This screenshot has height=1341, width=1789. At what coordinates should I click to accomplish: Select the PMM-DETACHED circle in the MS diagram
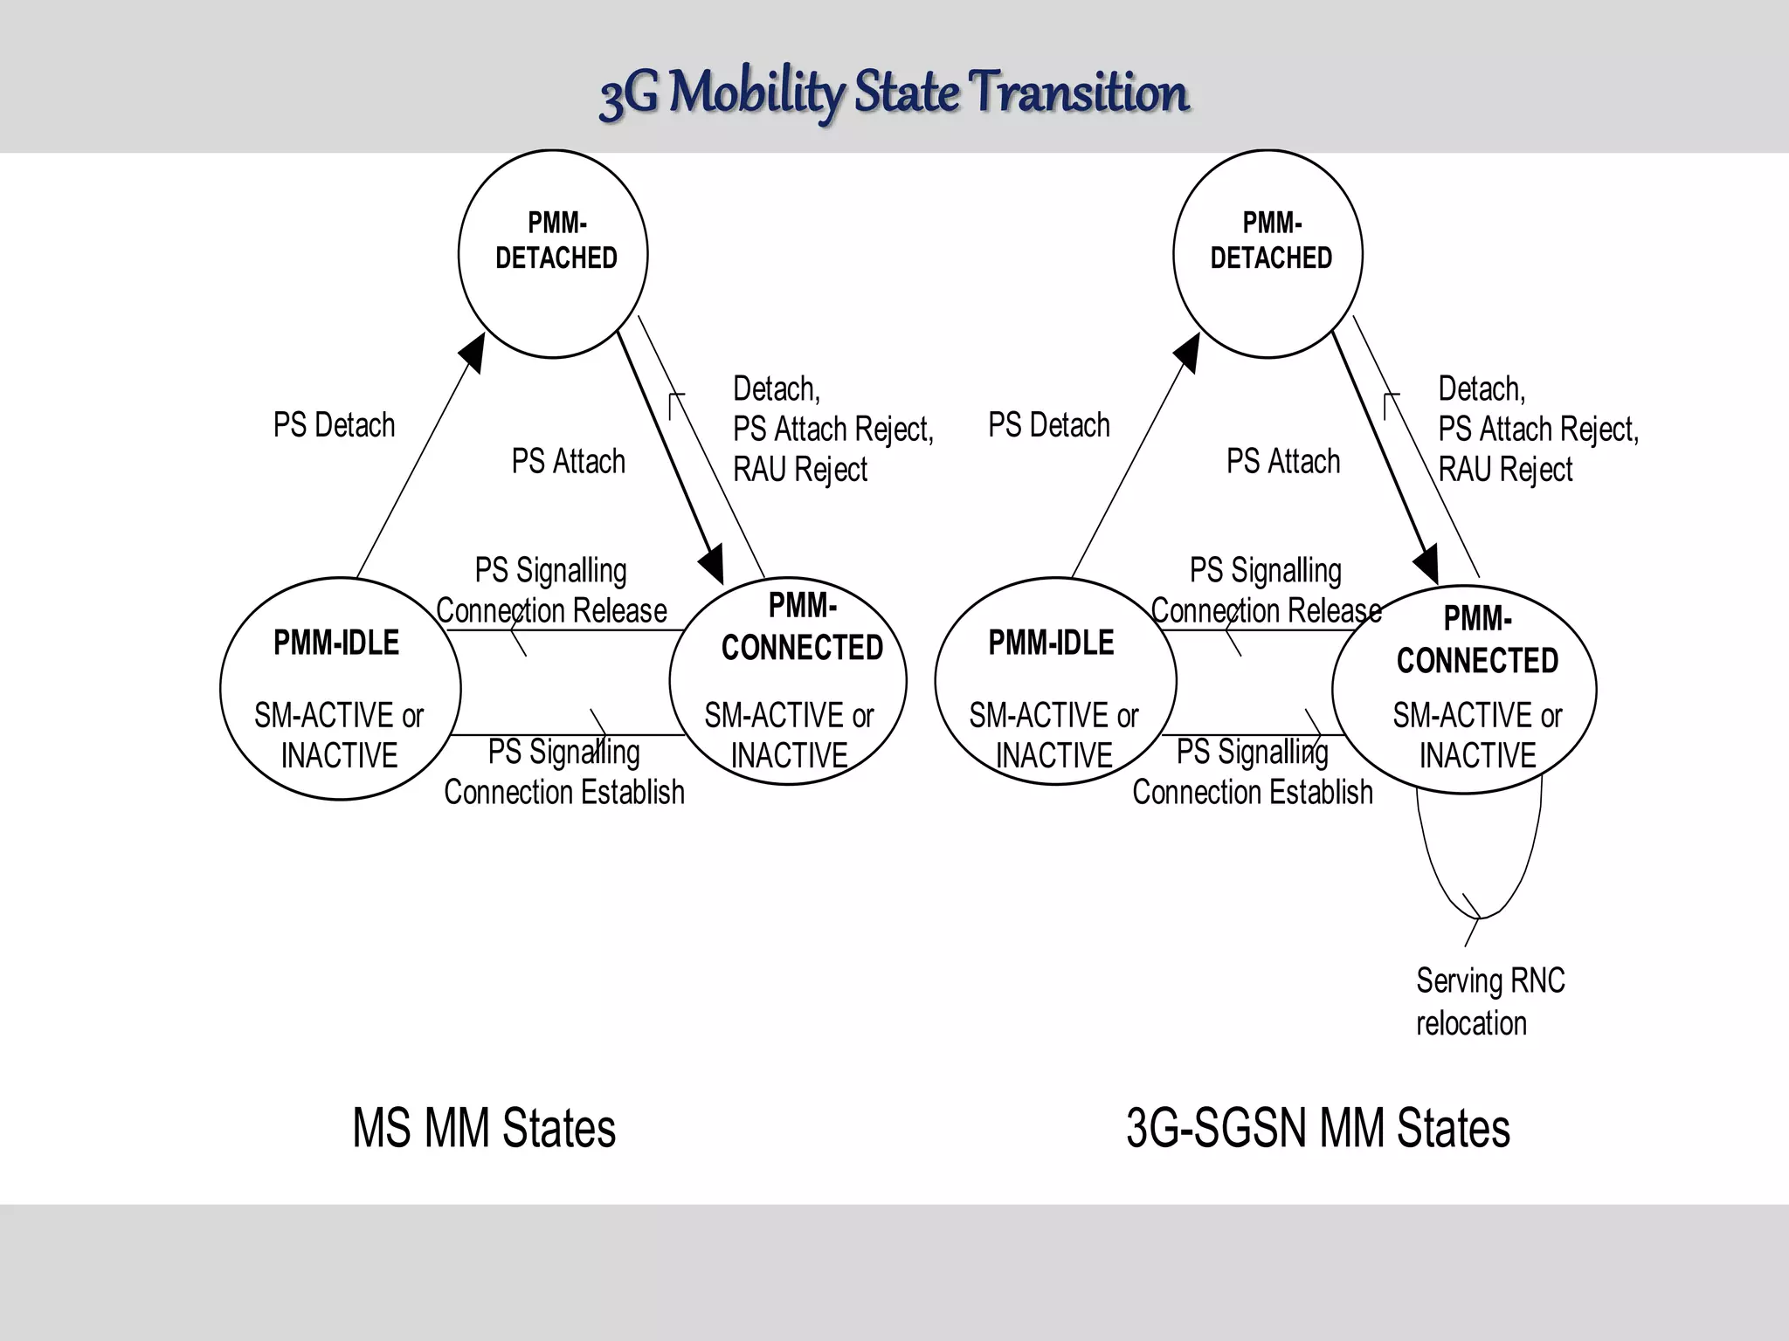pos(553,253)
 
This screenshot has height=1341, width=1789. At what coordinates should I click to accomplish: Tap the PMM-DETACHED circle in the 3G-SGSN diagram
pos(1267,253)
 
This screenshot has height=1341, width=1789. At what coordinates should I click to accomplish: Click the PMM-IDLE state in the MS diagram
pos(340,688)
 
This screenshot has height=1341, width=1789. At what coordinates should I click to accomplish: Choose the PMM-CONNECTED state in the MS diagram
pos(788,681)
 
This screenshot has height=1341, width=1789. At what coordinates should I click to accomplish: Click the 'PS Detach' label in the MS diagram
pos(334,425)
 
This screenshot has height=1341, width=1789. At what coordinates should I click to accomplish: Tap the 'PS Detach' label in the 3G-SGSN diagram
pos(1048,425)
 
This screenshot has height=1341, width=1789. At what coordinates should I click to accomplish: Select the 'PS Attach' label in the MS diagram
pos(568,461)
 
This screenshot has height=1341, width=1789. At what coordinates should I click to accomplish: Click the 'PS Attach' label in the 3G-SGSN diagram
pos(1282,461)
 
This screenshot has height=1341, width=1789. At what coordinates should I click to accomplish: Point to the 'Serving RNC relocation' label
pos(1489,1001)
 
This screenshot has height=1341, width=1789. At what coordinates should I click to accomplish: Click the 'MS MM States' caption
pos(484,1128)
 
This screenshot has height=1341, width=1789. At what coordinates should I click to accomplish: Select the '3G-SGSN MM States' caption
pos(1317,1128)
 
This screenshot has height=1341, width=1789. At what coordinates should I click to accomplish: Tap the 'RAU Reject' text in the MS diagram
pos(799,470)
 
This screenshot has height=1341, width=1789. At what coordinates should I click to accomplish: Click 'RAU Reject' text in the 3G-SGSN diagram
pos(1505,470)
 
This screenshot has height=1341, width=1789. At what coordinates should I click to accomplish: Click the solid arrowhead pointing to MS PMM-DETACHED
pos(473,351)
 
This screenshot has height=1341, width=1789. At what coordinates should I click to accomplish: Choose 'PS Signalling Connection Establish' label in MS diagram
pos(563,772)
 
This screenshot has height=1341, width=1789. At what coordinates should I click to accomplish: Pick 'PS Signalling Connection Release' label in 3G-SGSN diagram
pos(1266,590)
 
